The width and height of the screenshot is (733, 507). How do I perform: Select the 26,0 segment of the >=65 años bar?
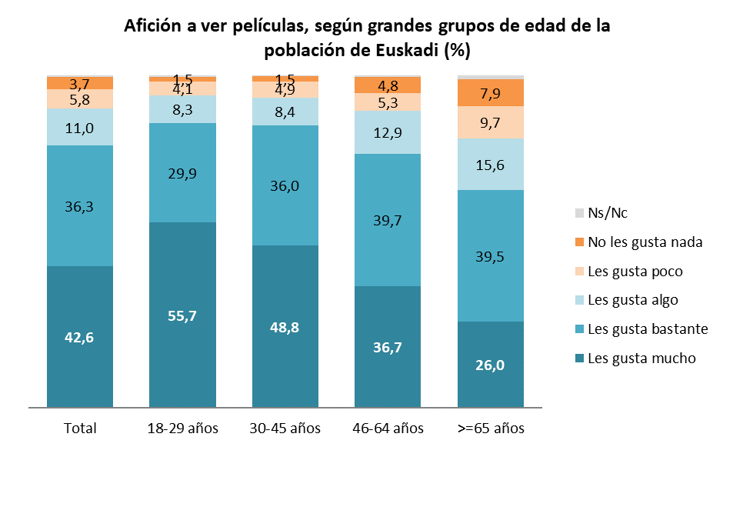click(x=491, y=364)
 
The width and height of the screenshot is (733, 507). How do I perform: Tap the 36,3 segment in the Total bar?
click(x=80, y=205)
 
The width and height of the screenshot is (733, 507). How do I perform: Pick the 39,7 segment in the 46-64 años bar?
click(x=388, y=220)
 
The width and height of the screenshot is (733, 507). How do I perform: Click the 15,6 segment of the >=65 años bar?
click(x=491, y=164)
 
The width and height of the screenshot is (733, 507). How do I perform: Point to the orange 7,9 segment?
click(x=491, y=93)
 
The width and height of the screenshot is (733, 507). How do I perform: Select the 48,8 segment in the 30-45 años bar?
click(x=285, y=326)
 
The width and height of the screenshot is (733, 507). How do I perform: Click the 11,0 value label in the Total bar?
click(x=80, y=128)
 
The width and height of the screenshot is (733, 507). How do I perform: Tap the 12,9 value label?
click(x=388, y=133)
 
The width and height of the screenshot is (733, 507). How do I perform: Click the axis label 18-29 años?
click(x=182, y=429)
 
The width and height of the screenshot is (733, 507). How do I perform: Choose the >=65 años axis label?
click(x=491, y=429)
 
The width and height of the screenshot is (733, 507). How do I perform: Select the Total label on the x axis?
click(x=80, y=429)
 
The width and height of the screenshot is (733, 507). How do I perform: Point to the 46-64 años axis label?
click(x=388, y=429)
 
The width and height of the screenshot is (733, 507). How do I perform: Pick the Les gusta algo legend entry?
click(x=632, y=300)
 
